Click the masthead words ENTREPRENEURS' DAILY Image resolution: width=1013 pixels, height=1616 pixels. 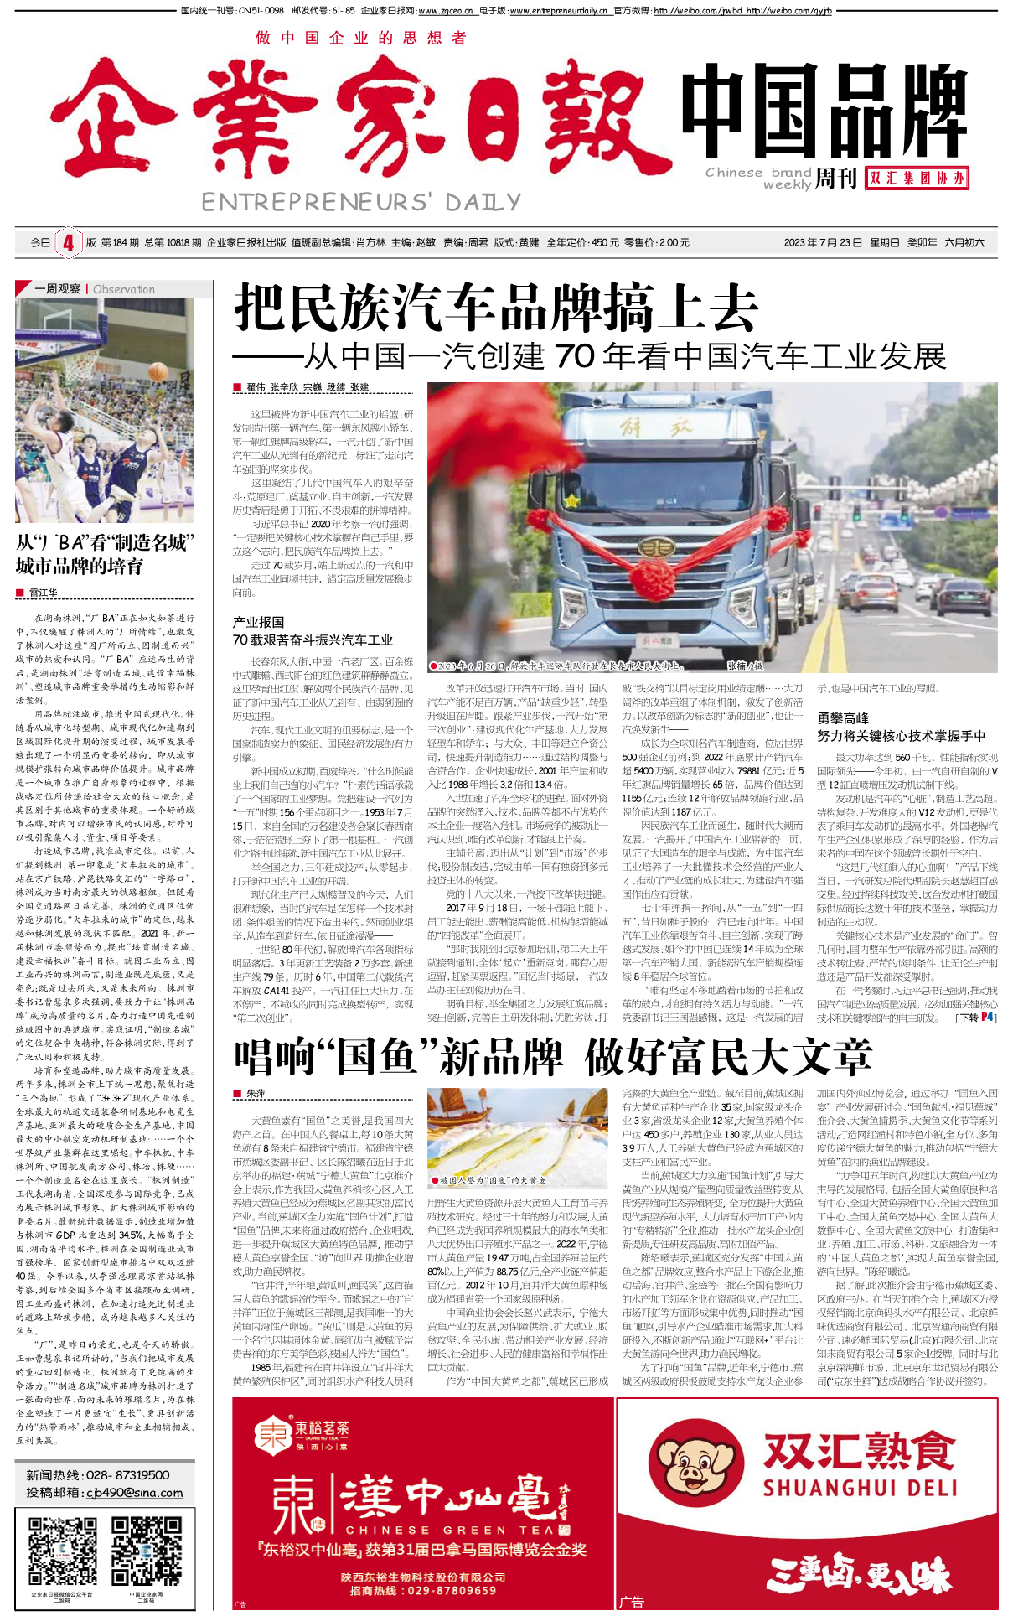(x=361, y=202)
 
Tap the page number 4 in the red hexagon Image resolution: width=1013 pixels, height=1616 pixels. (x=68, y=243)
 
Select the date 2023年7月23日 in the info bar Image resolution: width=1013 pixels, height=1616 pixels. (x=823, y=243)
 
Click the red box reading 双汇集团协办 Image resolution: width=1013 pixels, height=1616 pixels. (x=917, y=178)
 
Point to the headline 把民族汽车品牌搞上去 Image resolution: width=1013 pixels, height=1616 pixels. (x=496, y=308)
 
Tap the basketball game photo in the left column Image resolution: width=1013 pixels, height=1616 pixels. (x=105, y=411)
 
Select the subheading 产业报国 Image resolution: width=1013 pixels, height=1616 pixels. (x=258, y=622)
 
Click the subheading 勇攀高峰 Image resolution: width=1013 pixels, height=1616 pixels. (x=843, y=717)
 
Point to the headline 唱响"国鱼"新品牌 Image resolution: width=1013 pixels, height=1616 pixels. (x=398, y=1058)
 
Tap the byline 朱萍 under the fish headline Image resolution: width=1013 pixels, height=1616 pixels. (x=256, y=1094)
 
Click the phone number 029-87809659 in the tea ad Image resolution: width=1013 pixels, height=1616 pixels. (x=455, y=1590)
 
